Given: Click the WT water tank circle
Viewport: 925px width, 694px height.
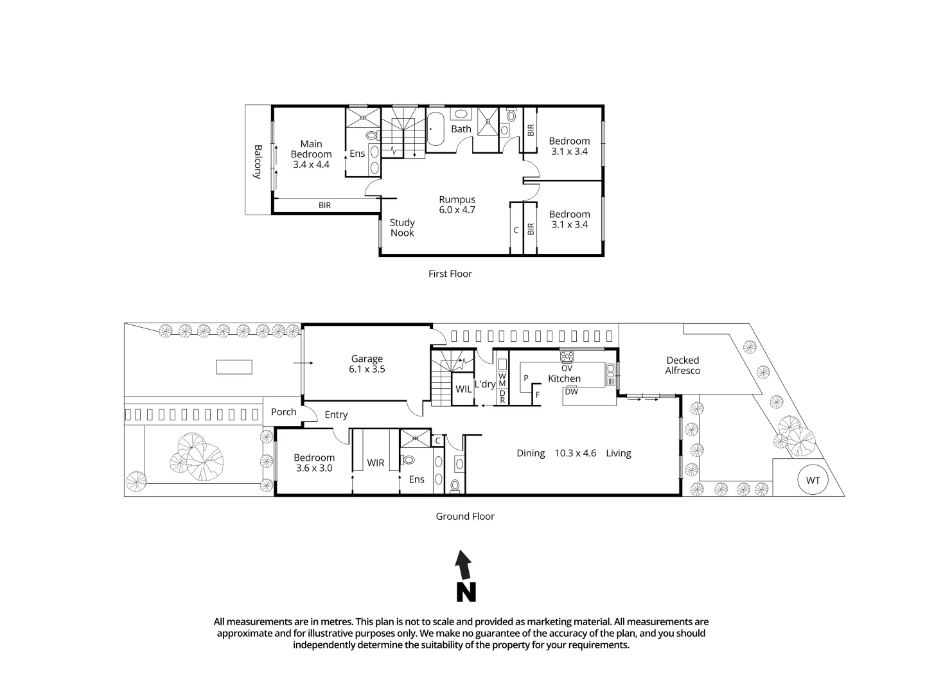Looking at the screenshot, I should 813,480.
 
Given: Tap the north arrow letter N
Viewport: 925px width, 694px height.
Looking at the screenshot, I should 466,592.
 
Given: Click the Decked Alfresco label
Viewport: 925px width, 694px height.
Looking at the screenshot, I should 682,366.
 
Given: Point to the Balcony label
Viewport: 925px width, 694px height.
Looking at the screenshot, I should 258,161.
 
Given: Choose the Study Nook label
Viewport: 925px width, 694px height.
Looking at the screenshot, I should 402,227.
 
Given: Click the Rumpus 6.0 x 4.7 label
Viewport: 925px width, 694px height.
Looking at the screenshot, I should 457,204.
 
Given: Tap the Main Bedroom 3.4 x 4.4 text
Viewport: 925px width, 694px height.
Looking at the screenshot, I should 311,154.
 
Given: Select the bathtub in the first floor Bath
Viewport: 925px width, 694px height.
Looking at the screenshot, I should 436,129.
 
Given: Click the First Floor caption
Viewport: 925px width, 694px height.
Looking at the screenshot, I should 450,274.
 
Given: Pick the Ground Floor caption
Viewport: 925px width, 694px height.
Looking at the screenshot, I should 465,516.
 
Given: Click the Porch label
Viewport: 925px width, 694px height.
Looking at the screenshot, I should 283,412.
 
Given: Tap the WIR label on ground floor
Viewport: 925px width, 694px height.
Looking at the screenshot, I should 375,463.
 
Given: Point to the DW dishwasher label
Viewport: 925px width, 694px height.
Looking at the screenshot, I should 571,391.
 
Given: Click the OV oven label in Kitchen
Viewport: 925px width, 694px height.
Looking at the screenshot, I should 567,368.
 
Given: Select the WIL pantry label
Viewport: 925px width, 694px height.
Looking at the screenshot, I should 463,389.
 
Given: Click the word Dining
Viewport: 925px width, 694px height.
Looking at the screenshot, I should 531,453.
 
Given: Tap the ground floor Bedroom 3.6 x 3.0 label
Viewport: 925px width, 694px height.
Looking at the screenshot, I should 313,463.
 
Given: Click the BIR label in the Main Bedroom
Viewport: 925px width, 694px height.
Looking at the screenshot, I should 324,206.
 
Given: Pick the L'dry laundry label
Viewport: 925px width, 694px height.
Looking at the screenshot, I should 484,384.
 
